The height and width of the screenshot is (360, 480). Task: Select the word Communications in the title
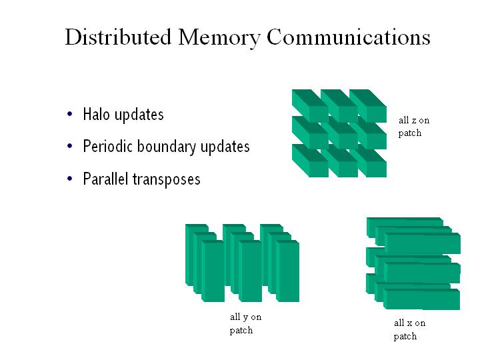click(x=349, y=37)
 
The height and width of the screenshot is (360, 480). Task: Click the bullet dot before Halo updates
click(x=70, y=115)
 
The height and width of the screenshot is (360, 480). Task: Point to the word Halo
click(x=97, y=114)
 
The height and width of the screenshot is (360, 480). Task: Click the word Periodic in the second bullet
click(x=107, y=147)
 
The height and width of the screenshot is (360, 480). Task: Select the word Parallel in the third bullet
click(x=105, y=179)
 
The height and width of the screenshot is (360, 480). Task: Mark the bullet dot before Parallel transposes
click(x=70, y=179)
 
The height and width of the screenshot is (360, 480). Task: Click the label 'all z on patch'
click(x=414, y=127)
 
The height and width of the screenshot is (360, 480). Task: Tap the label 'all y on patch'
click(x=245, y=324)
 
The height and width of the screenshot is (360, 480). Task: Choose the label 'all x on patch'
click(x=409, y=329)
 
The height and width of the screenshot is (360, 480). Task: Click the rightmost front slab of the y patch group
click(x=287, y=272)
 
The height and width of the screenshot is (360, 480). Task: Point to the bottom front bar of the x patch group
click(x=422, y=299)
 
